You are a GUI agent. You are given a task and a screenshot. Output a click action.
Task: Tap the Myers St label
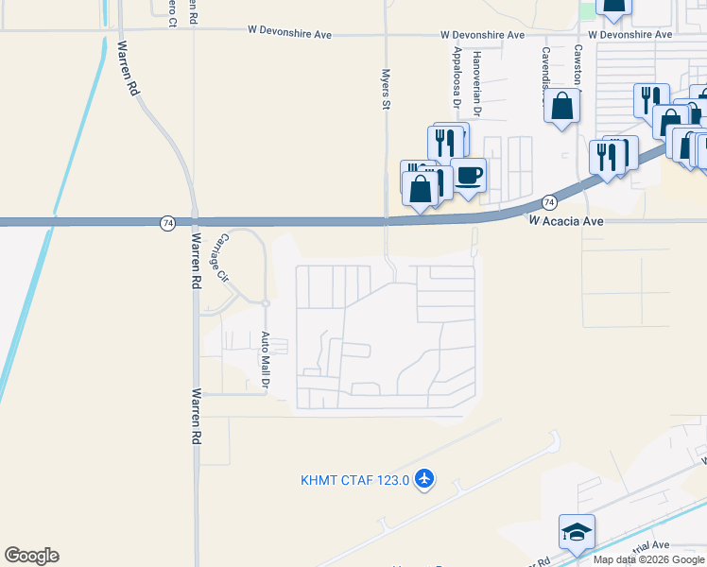point(386,88)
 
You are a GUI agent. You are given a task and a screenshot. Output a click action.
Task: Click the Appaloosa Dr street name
point(457,72)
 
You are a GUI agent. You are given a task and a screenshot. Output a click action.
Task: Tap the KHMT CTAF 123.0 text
point(354,480)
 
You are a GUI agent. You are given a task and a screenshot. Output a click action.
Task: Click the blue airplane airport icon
point(423,479)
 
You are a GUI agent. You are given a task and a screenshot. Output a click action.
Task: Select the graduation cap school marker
point(577,532)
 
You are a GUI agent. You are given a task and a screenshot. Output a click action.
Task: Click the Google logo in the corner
point(31,556)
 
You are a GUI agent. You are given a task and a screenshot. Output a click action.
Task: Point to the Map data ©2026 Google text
point(649,559)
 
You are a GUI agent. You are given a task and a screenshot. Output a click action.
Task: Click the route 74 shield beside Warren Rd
point(167,223)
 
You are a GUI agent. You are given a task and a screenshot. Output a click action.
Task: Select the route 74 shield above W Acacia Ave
point(549,202)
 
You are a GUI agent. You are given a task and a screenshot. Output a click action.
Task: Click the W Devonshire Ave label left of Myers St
point(288,34)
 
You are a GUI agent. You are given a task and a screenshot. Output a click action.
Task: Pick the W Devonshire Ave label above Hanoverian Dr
point(482,35)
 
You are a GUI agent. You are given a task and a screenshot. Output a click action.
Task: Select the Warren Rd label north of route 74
point(127,68)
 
